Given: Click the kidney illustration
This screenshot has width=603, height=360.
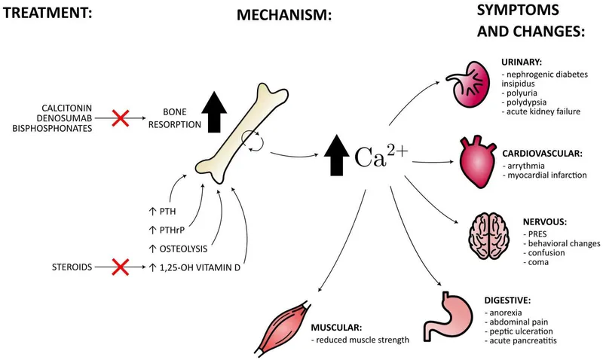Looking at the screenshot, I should (467, 89).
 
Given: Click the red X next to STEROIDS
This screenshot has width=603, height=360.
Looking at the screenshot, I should (120, 267).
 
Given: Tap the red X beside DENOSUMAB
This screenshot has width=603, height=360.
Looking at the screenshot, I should (120, 117).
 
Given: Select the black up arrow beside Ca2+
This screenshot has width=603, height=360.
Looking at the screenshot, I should (335, 156).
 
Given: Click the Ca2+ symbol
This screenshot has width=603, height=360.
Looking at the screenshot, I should (381, 155).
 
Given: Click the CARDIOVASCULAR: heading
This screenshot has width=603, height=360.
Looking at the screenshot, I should (542, 153).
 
